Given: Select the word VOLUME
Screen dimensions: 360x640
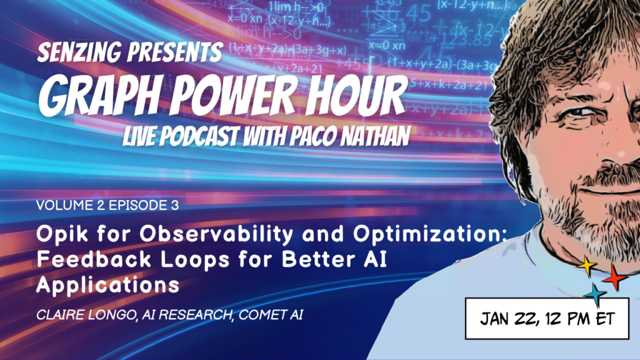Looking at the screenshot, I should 60,205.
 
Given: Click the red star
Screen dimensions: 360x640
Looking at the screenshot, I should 614,277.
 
